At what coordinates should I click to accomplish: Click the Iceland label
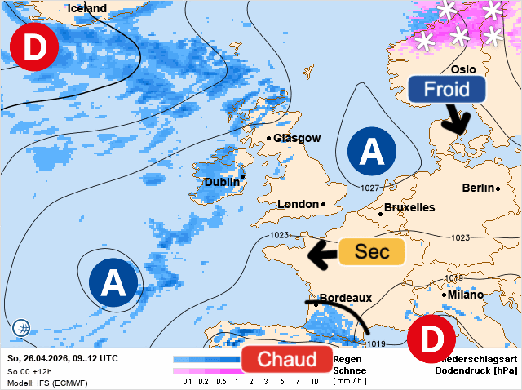click(x=86, y=8)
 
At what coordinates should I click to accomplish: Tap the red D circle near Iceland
click(x=33, y=47)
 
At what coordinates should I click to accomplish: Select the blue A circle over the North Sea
click(x=371, y=151)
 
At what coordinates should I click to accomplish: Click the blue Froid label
click(x=447, y=90)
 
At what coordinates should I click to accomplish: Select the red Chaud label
click(x=286, y=360)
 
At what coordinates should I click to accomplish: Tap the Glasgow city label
click(x=297, y=139)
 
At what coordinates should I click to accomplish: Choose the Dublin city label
click(x=221, y=182)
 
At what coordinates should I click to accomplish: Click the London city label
click(x=299, y=204)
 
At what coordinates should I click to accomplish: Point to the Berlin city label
click(x=478, y=188)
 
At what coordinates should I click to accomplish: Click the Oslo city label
click(x=462, y=69)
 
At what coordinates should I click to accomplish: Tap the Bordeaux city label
click(x=345, y=299)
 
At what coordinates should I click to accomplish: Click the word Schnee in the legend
click(x=348, y=370)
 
